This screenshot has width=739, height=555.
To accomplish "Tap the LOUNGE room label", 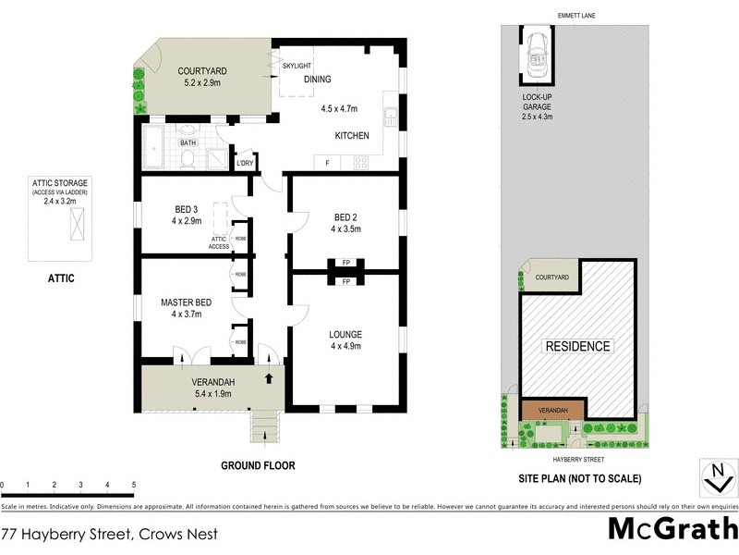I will coord(345,334).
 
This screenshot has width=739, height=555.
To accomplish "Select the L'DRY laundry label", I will coord(245,163).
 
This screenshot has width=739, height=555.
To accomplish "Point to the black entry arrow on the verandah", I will coord(270,377).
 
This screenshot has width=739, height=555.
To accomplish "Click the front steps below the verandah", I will coord(265,425).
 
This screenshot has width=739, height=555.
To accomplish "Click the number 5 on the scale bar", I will coord(134,485).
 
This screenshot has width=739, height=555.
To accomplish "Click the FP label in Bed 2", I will coord(345,262).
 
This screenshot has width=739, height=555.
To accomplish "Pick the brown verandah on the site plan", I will coord(552,409).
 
